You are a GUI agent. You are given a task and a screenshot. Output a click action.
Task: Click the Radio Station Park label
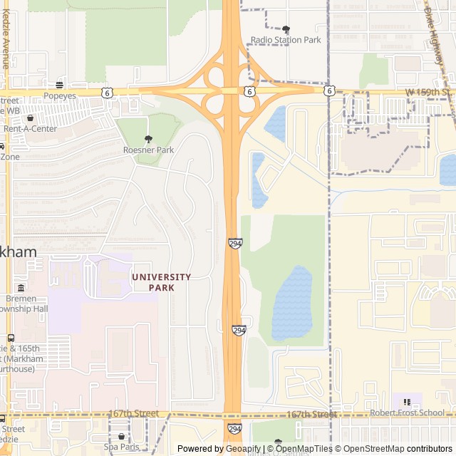(286, 40)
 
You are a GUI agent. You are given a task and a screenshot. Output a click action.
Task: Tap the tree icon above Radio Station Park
(286, 29)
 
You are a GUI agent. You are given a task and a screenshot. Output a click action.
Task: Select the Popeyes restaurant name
(60, 95)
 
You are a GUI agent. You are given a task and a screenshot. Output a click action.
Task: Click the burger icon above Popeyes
(60, 85)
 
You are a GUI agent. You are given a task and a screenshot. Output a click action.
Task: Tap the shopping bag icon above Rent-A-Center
(30, 118)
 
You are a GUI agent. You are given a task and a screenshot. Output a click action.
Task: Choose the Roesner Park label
(148, 150)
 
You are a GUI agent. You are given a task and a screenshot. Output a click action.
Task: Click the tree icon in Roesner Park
(148, 140)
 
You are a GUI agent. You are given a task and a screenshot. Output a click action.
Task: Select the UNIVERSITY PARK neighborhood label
(161, 281)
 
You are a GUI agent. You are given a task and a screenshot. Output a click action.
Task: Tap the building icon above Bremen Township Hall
(21, 288)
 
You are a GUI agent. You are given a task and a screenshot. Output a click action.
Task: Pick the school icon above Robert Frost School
(407, 403)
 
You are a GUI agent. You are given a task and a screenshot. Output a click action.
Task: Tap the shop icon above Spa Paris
(121, 436)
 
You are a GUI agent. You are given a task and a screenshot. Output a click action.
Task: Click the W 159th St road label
(429, 93)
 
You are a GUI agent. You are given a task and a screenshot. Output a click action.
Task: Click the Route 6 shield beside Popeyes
(106, 92)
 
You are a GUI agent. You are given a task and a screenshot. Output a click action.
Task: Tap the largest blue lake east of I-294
(292, 303)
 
